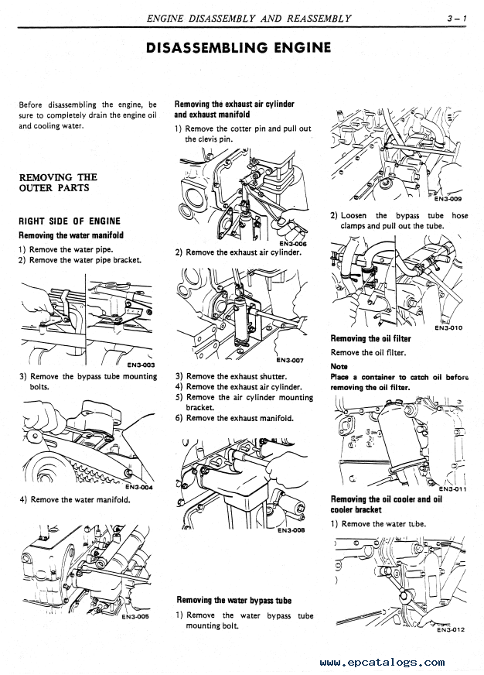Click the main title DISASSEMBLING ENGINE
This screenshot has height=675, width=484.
point(239,48)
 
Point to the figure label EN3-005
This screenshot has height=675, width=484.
point(135,616)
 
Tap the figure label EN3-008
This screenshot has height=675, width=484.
point(290,530)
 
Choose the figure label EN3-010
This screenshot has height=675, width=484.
point(448,327)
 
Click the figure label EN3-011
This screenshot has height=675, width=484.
point(452,488)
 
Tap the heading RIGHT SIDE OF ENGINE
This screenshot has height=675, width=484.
point(70,221)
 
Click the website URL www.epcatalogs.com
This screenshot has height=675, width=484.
point(381,663)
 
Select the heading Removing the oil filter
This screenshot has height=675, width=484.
point(370,339)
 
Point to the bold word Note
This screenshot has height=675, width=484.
point(339,366)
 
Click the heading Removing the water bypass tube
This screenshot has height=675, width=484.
point(233,600)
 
